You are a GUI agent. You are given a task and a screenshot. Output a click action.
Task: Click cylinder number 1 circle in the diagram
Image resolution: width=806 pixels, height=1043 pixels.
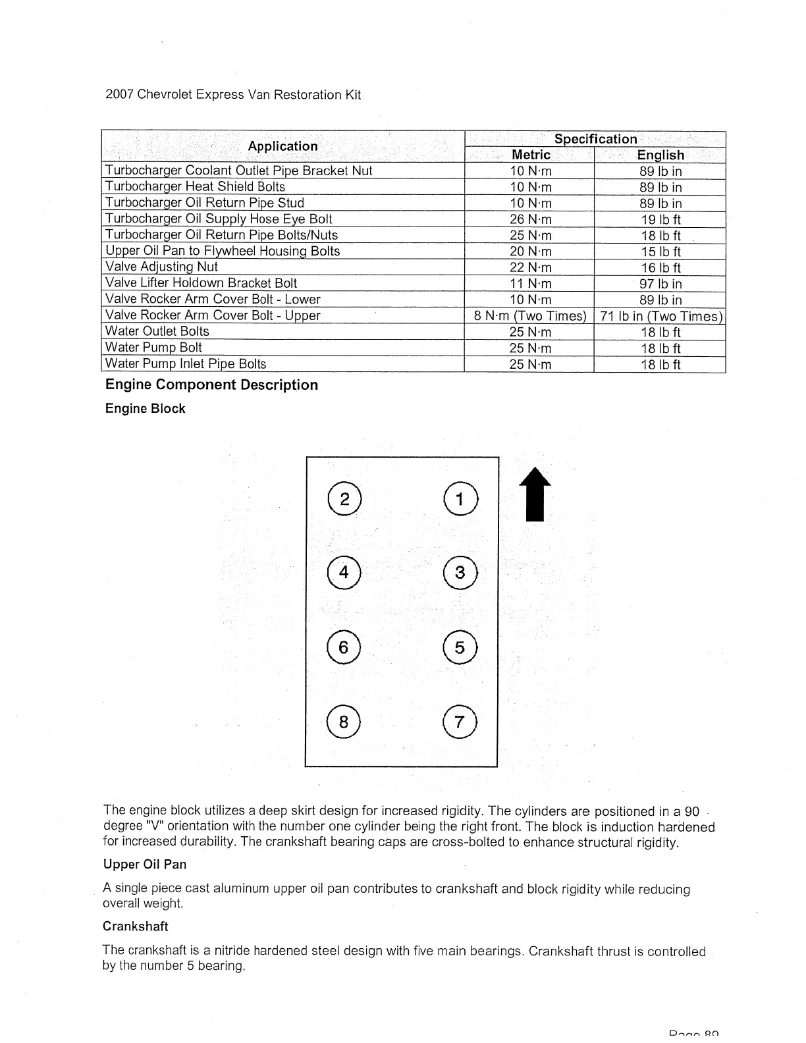pyautogui.click(x=461, y=499)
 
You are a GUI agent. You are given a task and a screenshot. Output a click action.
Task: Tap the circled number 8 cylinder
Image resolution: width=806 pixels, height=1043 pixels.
pyautogui.click(x=343, y=722)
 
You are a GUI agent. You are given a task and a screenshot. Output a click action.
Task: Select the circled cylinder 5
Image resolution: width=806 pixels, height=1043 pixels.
pyautogui.click(x=460, y=648)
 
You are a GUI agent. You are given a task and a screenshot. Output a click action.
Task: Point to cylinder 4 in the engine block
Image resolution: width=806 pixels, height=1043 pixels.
pyautogui.click(x=343, y=572)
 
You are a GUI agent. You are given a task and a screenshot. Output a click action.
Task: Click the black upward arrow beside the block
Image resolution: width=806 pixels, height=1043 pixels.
pyautogui.click(x=535, y=495)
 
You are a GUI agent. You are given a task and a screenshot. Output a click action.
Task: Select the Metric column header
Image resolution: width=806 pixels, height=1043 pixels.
pyautogui.click(x=531, y=155)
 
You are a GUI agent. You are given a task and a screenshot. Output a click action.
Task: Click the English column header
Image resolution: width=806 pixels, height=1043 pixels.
pyautogui.click(x=660, y=155)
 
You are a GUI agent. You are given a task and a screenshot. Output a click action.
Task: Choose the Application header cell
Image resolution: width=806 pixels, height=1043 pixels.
pyautogui.click(x=282, y=146)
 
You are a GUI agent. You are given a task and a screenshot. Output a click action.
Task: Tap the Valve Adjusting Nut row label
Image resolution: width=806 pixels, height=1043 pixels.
pyautogui.click(x=161, y=267)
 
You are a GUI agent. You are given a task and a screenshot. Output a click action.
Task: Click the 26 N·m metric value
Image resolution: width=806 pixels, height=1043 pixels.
pyautogui.click(x=531, y=219)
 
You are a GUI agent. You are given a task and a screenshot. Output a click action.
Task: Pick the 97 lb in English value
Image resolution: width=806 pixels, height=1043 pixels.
pyautogui.click(x=660, y=284)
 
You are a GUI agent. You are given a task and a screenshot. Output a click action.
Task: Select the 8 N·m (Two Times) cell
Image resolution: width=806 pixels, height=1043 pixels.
pyautogui.click(x=530, y=316)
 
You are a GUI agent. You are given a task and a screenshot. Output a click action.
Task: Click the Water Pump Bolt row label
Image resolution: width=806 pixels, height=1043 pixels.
pyautogui.click(x=153, y=348)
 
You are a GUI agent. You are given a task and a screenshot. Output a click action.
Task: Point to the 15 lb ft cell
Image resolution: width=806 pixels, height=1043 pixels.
pyautogui.click(x=660, y=252)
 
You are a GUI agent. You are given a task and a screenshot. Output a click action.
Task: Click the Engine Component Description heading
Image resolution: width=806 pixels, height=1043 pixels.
pyautogui.click(x=211, y=385)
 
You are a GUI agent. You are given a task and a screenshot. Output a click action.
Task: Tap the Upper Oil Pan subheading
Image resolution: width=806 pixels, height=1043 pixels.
pyautogui.click(x=145, y=865)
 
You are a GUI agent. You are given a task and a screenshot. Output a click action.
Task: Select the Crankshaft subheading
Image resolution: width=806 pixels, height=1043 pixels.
pyautogui.click(x=136, y=926)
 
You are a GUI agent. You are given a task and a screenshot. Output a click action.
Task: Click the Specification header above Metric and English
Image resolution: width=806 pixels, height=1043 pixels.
pyautogui.click(x=595, y=139)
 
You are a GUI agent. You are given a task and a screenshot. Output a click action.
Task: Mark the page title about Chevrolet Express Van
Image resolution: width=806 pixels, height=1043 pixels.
pyautogui.click(x=233, y=95)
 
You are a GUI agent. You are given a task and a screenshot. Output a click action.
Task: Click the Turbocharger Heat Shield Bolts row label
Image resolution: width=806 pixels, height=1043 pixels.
pyautogui.click(x=196, y=187)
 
